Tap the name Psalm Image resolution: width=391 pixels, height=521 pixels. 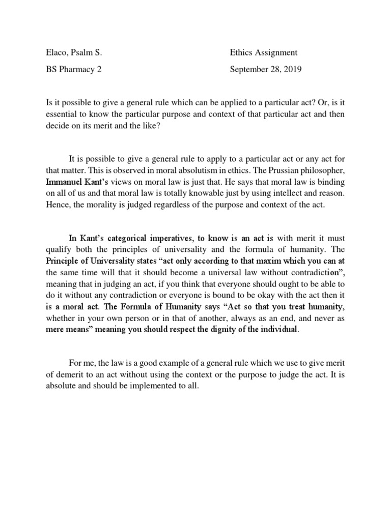85,52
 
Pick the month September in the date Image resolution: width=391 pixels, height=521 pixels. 250,69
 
